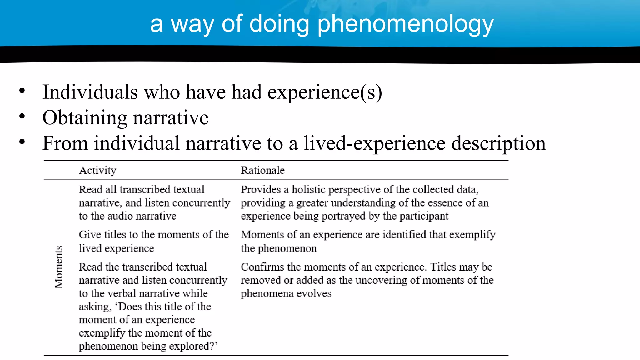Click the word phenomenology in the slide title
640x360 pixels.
tap(405, 24)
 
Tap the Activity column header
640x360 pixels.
tap(97, 170)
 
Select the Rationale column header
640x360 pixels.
tap(262, 170)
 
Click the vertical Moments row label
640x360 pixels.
tap(59, 267)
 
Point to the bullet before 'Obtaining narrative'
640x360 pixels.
tap(22, 117)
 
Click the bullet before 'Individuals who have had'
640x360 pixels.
tap(22, 91)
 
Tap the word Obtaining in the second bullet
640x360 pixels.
tap(85, 118)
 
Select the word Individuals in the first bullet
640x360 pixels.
tap(90, 92)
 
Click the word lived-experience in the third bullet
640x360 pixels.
tap(375, 143)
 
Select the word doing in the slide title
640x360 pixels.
tap(279, 24)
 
